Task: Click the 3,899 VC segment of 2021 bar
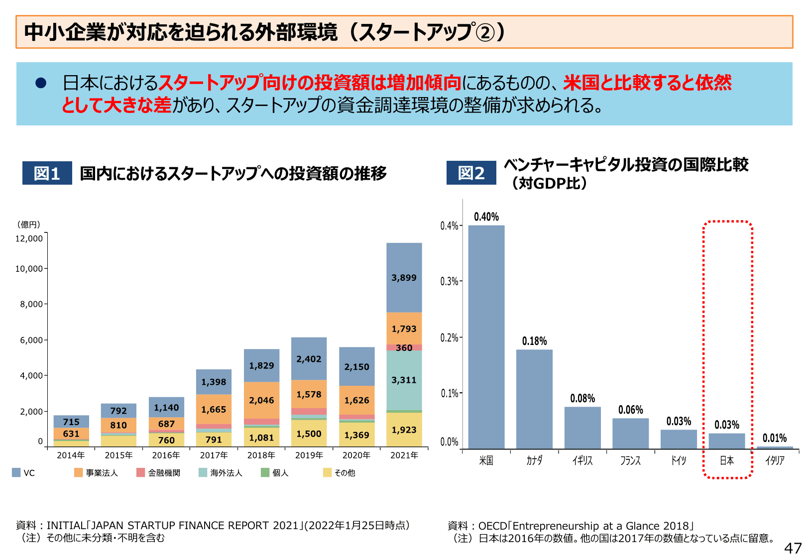tap(404, 278)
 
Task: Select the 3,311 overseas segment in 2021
tap(404, 380)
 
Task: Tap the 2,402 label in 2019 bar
tap(309, 359)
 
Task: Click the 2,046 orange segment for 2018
tap(261, 400)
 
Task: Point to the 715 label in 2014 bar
tap(71, 422)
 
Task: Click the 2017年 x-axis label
tap(214, 455)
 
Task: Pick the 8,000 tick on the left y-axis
tap(31, 304)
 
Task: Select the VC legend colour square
tap(16, 472)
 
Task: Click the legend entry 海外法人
tap(226, 473)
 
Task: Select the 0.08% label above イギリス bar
tap(582, 398)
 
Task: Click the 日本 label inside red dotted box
tap(726, 460)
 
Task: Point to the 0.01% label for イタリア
tap(775, 438)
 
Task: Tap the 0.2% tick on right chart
tap(449, 337)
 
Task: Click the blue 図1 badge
tap(47, 173)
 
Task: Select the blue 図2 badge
tap(471, 173)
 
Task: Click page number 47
tap(793, 548)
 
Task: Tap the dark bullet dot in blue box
tap(41, 83)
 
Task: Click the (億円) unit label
tap(29, 224)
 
